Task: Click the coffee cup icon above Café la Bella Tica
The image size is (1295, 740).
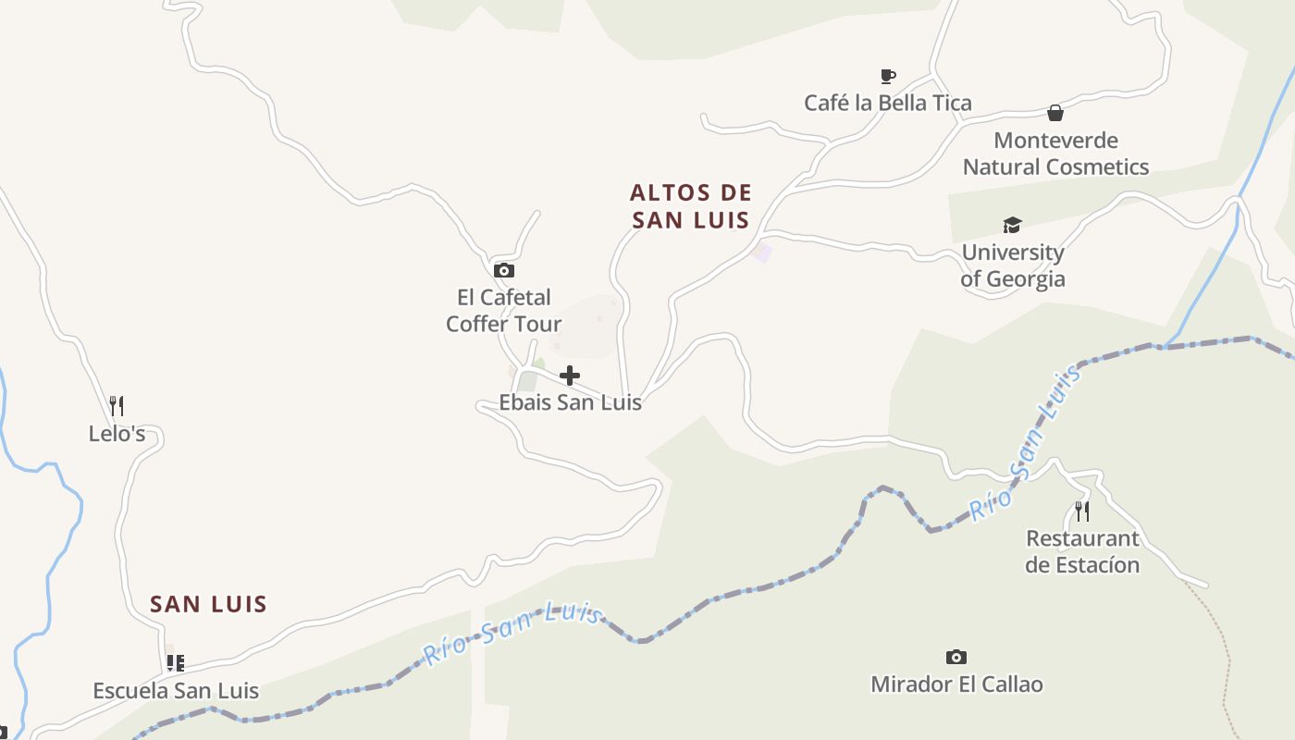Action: (x=888, y=76)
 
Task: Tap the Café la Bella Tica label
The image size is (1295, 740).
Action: (x=888, y=103)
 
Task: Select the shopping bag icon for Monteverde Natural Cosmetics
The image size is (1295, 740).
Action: (x=1055, y=113)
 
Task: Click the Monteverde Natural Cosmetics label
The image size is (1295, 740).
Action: (x=1055, y=154)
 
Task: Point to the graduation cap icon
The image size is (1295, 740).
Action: (x=1012, y=225)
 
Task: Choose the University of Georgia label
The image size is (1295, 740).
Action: (x=1013, y=265)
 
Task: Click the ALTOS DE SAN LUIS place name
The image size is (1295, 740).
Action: (x=690, y=206)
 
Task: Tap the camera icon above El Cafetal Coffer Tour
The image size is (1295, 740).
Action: (x=504, y=270)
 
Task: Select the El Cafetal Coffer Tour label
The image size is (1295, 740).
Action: (x=504, y=311)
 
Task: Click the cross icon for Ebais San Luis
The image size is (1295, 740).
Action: (x=570, y=376)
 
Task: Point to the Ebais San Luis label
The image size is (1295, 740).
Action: (x=570, y=402)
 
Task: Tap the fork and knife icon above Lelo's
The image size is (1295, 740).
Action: (x=117, y=405)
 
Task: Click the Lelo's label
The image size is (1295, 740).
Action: (x=117, y=433)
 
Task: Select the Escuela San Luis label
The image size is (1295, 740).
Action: (x=176, y=691)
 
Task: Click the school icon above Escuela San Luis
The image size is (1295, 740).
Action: (x=175, y=662)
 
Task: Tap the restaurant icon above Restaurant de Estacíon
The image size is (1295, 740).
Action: (x=1081, y=511)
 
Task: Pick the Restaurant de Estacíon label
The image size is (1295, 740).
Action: (x=1082, y=551)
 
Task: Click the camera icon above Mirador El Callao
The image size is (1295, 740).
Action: (x=956, y=657)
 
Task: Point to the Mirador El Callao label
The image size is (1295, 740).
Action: (x=956, y=684)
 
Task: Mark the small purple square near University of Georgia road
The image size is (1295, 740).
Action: (x=762, y=253)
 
